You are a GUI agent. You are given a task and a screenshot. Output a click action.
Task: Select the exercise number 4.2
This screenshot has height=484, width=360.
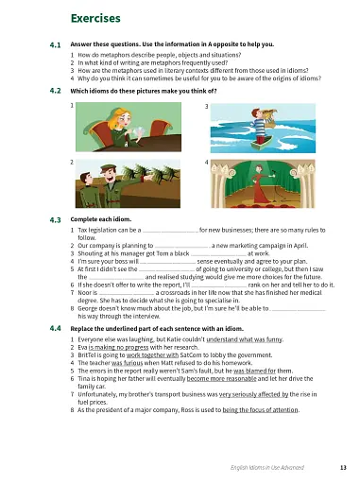coord(55,91)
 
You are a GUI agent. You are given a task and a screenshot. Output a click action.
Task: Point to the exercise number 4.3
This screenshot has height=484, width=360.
coord(55,219)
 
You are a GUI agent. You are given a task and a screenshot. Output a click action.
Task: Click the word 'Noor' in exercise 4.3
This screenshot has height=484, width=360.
coord(84,293)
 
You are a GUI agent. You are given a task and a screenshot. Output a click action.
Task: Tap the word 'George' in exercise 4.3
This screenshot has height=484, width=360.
coord(88,309)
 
